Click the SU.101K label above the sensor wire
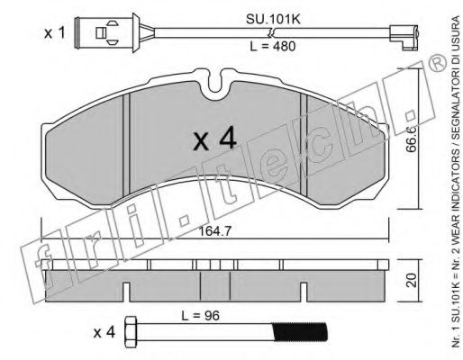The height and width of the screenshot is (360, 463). pyautogui.click(x=273, y=20)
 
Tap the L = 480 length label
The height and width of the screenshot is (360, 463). pyautogui.click(x=273, y=46)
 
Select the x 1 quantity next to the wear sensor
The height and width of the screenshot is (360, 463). pyautogui.click(x=54, y=33)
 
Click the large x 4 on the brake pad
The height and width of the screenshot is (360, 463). pyautogui.click(x=214, y=138)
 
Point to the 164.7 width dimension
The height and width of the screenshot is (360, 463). pyautogui.click(x=215, y=231)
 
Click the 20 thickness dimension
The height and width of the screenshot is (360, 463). pyautogui.click(x=413, y=281)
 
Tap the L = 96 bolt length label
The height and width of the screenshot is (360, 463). pyautogui.click(x=200, y=316)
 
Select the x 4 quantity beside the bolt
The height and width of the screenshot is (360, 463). pyautogui.click(x=104, y=332)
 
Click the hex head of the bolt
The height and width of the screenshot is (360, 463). pyautogui.click(x=131, y=332)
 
